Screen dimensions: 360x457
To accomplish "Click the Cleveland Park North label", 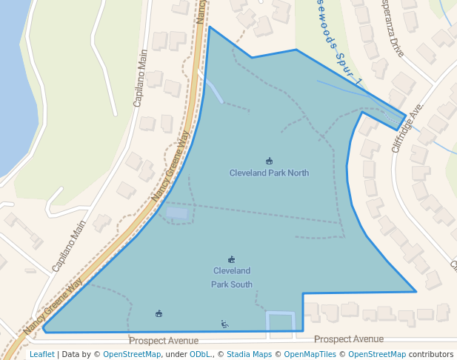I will point(269,173).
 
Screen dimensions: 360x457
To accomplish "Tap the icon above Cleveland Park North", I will point(269,161).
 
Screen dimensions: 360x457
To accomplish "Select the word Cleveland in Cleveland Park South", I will point(232,271).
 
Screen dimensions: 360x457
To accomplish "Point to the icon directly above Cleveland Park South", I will point(232,259).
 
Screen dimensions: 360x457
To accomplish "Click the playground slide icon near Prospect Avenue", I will point(224,324).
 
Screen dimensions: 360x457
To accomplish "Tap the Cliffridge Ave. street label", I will point(407,127).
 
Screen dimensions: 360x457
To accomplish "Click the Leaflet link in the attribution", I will point(41,354).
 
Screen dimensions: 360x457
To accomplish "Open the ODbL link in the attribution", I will point(200,354).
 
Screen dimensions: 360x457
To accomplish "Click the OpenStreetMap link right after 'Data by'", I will point(132,354).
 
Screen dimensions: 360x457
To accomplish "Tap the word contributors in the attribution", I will point(431,354).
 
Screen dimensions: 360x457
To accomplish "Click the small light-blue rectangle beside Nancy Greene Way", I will point(177,213).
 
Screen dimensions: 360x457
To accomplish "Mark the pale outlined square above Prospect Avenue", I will point(281,321).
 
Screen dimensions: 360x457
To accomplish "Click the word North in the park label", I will point(297,173).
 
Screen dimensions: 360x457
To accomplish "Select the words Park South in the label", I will point(232,284).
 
